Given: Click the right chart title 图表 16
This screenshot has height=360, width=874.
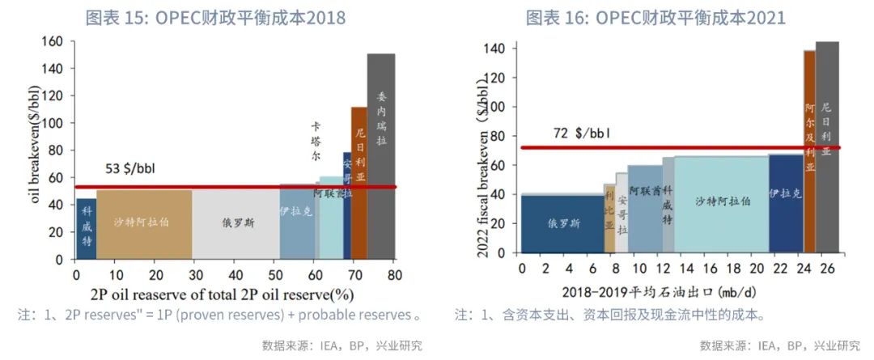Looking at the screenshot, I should pos(655,17).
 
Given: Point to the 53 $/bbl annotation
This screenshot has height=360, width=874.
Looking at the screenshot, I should pos(132,169).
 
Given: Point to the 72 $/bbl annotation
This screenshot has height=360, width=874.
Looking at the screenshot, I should pos(581,132).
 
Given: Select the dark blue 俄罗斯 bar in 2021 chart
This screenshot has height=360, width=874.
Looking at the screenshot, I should pos(562,223).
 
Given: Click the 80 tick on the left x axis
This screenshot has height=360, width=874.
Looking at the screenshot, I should pos(394,275).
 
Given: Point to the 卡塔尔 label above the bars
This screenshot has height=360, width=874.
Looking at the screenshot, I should pos(317,142).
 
